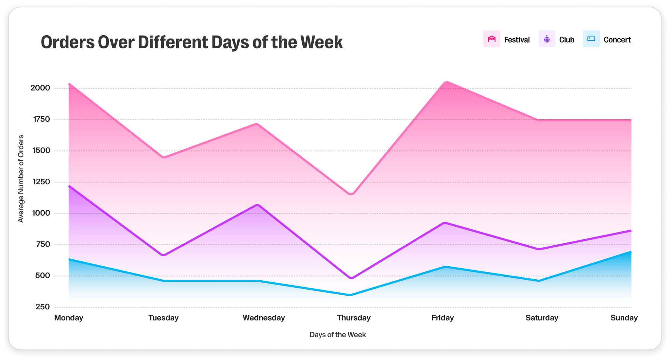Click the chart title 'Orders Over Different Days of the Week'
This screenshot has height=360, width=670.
tap(192, 42)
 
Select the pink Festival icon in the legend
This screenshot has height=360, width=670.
tap(492, 39)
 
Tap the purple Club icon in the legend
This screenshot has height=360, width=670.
tap(546, 39)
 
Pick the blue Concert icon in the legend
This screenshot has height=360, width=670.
tap(591, 39)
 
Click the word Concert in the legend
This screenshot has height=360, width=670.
tap(617, 40)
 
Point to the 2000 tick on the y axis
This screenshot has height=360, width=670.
tap(40, 88)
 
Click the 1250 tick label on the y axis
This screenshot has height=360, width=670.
tap(42, 182)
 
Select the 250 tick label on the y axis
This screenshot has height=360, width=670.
tap(43, 307)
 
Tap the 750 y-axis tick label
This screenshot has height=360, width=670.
tap(43, 244)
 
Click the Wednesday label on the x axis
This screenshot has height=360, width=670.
tap(264, 318)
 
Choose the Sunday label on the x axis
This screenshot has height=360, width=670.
tap(624, 318)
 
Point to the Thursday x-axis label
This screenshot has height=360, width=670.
tap(354, 318)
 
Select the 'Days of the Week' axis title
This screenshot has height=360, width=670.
tap(338, 335)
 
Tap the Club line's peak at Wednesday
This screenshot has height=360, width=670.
tap(258, 205)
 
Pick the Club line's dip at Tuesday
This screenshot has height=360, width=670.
tap(163, 255)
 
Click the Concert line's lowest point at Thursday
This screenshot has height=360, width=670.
tap(350, 295)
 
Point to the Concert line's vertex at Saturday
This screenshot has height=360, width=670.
tap(539, 281)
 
